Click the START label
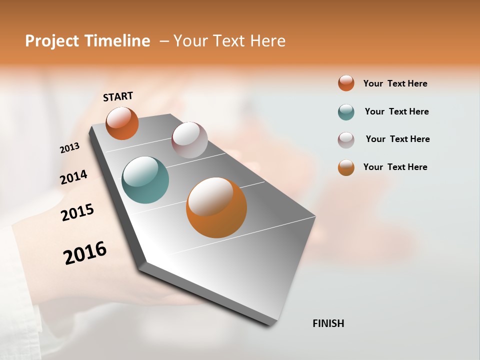(x=118, y=96)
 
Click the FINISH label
(x=328, y=323)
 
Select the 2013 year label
(x=69, y=148)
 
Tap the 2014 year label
(x=73, y=177)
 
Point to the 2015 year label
(x=77, y=212)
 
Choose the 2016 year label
(x=85, y=253)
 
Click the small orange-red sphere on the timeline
(x=122, y=123)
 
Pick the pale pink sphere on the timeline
(x=189, y=139)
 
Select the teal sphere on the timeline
(x=145, y=180)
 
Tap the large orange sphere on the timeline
(x=216, y=207)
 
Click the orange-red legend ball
(x=346, y=83)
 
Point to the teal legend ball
(x=346, y=112)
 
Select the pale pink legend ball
(x=346, y=140)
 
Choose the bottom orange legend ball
(x=346, y=167)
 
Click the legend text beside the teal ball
(x=396, y=111)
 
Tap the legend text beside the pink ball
(x=397, y=139)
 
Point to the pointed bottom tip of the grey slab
(x=272, y=324)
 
